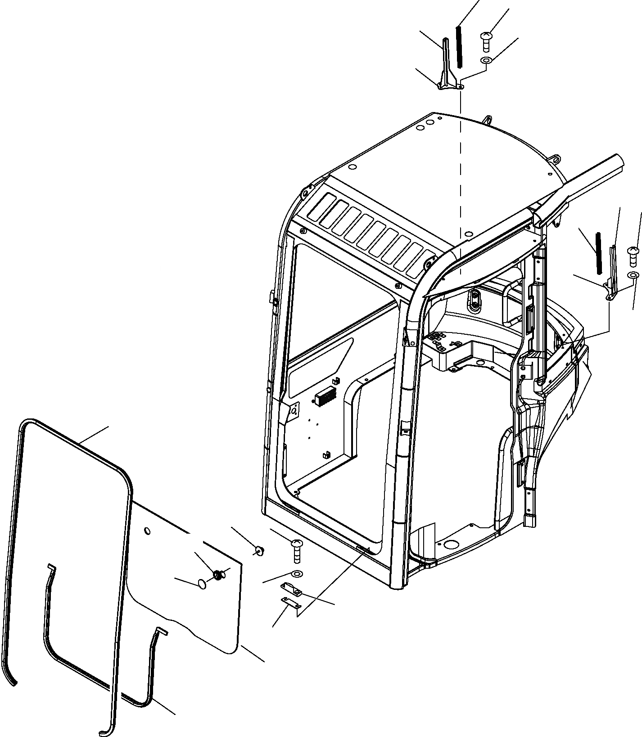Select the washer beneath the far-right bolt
(633, 275)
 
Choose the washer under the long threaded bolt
(296, 574)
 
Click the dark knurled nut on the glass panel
(217, 574)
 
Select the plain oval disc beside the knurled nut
(202, 584)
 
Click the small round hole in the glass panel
(147, 532)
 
